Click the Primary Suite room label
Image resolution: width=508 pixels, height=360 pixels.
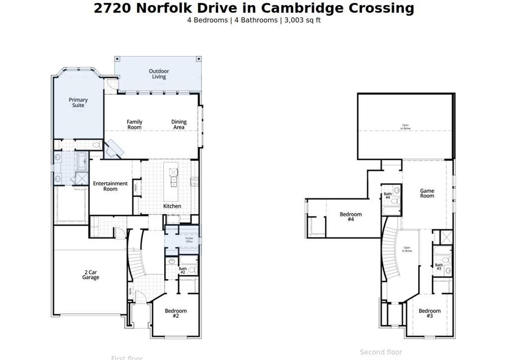pos(78,103)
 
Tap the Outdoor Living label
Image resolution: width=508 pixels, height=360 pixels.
pos(159,74)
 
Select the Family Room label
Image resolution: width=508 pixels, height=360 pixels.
pos(134,125)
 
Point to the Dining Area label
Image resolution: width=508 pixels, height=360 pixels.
pos(179,125)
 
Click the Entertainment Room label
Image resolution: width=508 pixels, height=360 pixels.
pos(110,186)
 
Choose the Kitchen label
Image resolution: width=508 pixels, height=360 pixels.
pos(172,206)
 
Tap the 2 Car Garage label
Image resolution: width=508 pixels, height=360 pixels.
pos(90,275)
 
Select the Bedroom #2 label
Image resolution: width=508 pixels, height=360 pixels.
pos(176,314)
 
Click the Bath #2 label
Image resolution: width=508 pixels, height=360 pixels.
pos(183,270)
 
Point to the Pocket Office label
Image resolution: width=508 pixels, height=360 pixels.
pos(190,240)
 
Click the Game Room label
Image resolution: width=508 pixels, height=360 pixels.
pos(427,193)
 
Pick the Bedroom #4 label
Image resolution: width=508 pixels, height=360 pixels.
pos(351,217)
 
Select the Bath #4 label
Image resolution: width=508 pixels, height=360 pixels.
pos(387,196)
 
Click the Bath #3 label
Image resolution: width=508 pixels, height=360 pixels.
pos(439,267)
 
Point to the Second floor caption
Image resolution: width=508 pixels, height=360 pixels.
pos(381,352)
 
